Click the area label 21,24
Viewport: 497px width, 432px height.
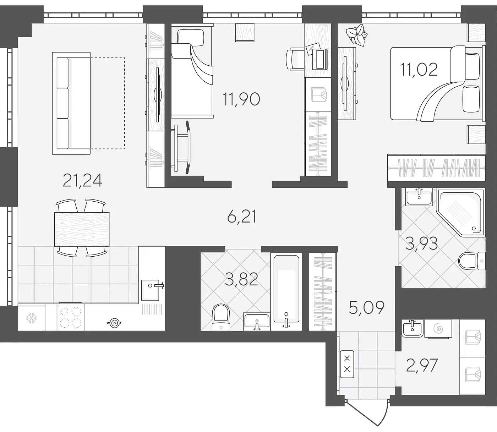click(x=82, y=180)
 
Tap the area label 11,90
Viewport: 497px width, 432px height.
click(x=241, y=99)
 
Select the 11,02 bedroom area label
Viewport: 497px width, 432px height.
click(x=419, y=69)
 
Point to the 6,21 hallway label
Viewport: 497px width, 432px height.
click(x=242, y=217)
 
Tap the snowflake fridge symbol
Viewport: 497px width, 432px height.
click(x=31, y=318)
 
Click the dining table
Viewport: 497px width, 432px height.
click(x=82, y=229)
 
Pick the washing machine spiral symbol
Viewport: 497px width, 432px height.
click(x=438, y=329)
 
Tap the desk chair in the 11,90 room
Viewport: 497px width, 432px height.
click(x=295, y=60)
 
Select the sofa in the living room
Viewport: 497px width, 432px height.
click(x=71, y=103)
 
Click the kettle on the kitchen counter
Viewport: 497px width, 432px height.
click(x=114, y=323)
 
